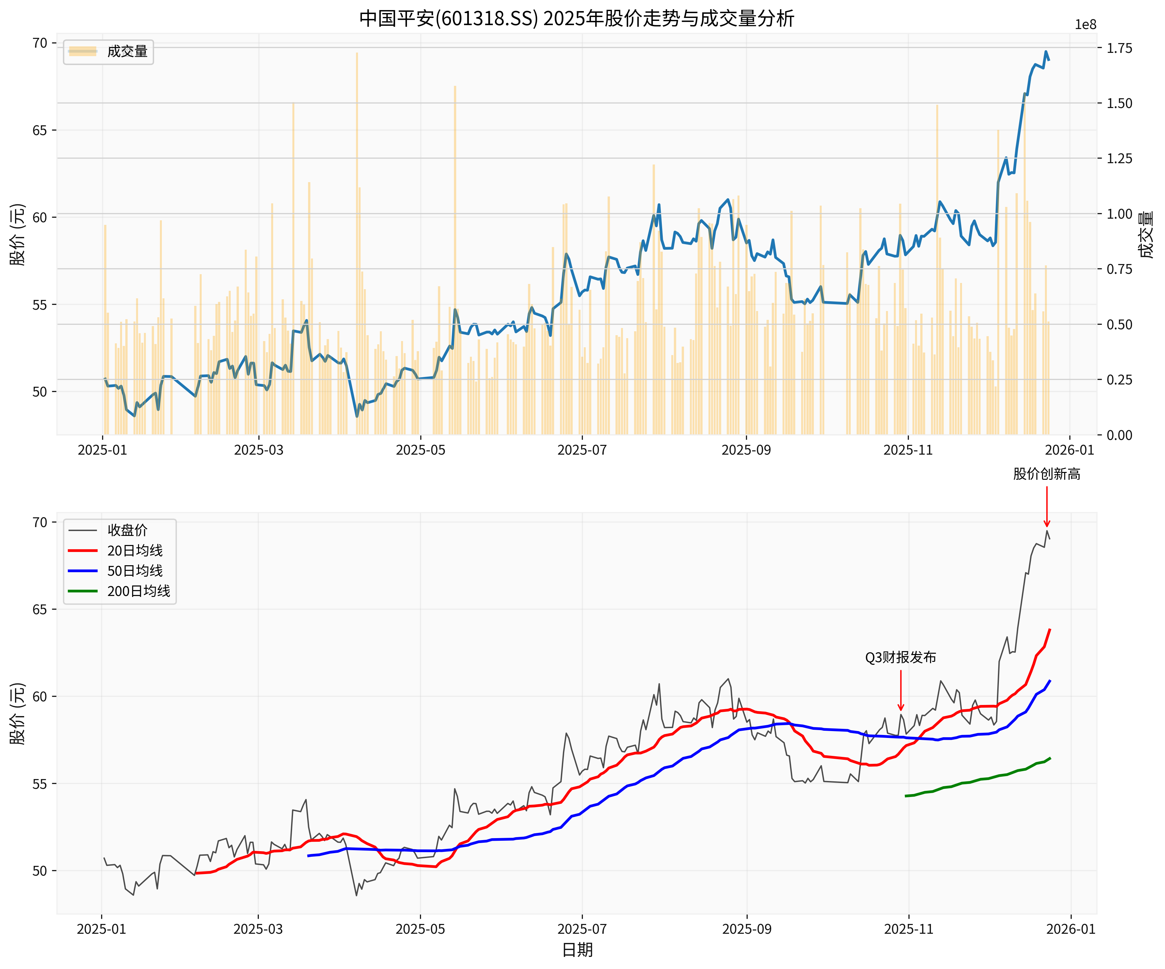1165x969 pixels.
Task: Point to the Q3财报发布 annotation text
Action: pos(900,657)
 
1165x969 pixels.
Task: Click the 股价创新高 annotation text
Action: pos(1046,474)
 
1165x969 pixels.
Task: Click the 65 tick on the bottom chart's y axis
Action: pos(40,609)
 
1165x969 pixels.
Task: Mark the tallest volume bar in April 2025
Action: pos(357,166)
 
